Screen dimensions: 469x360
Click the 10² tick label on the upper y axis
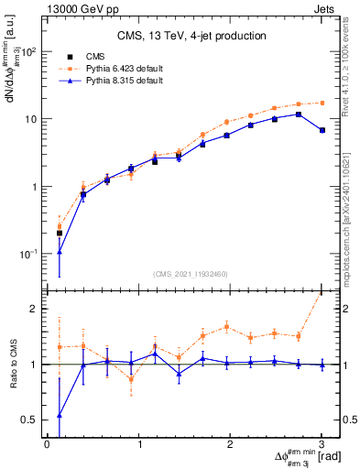(29, 51)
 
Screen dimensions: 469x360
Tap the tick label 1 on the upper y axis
(33, 187)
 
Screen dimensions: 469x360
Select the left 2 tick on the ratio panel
(35, 309)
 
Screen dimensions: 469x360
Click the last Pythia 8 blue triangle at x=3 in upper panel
(322, 130)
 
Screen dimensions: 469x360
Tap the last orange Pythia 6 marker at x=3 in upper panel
(322, 103)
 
